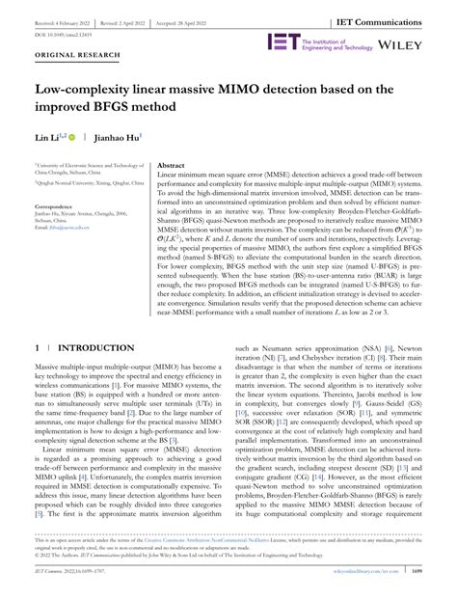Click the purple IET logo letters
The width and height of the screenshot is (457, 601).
[283, 43]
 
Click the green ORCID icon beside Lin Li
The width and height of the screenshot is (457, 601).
[74, 140]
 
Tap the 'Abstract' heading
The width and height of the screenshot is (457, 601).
[171, 166]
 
